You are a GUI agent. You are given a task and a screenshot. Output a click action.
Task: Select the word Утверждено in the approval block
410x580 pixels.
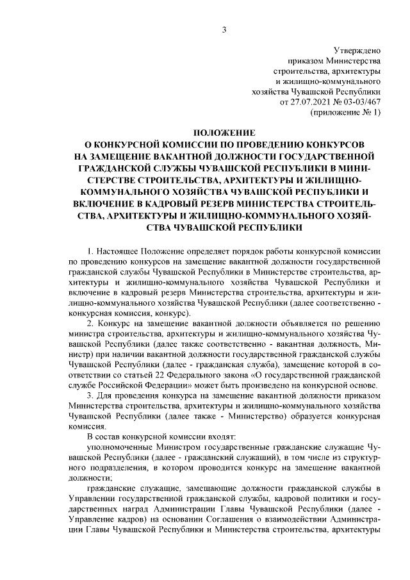pyautogui.click(x=358, y=50)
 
